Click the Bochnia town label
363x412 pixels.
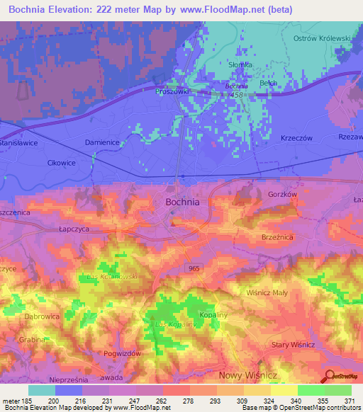[182, 202]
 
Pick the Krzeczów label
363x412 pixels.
[297, 138]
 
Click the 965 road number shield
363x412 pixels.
[194, 268]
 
